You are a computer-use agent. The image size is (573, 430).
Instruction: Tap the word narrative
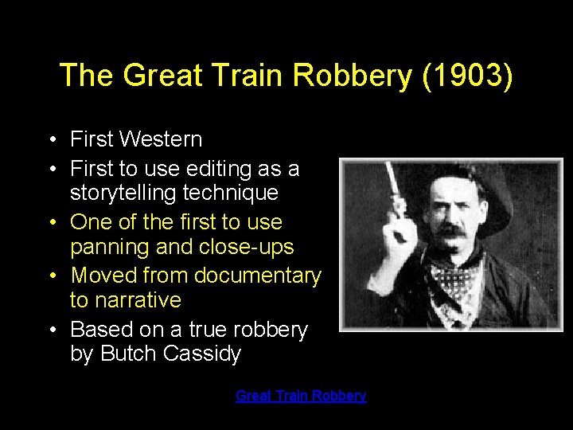point(137,300)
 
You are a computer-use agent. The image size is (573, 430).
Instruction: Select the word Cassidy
point(201,354)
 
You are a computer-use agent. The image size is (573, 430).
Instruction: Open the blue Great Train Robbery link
point(301,396)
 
